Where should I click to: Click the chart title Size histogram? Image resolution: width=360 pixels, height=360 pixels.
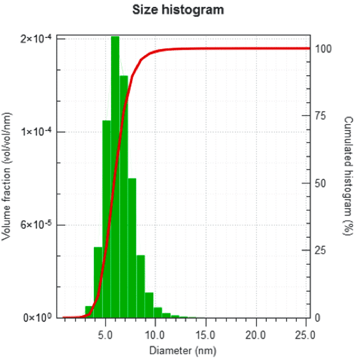(178, 10)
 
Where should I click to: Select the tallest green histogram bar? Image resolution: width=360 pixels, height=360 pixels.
(115, 176)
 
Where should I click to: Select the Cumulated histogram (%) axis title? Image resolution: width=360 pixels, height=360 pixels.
(349, 176)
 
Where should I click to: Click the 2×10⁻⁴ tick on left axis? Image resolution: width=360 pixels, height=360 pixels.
(36, 39)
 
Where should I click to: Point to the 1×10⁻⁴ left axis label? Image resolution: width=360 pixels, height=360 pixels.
(36, 132)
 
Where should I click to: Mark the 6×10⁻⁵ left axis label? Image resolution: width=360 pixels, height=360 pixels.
(36, 225)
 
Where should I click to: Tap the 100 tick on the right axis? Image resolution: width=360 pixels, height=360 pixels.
(324, 49)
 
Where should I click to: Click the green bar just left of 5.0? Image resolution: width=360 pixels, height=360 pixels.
(97, 282)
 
